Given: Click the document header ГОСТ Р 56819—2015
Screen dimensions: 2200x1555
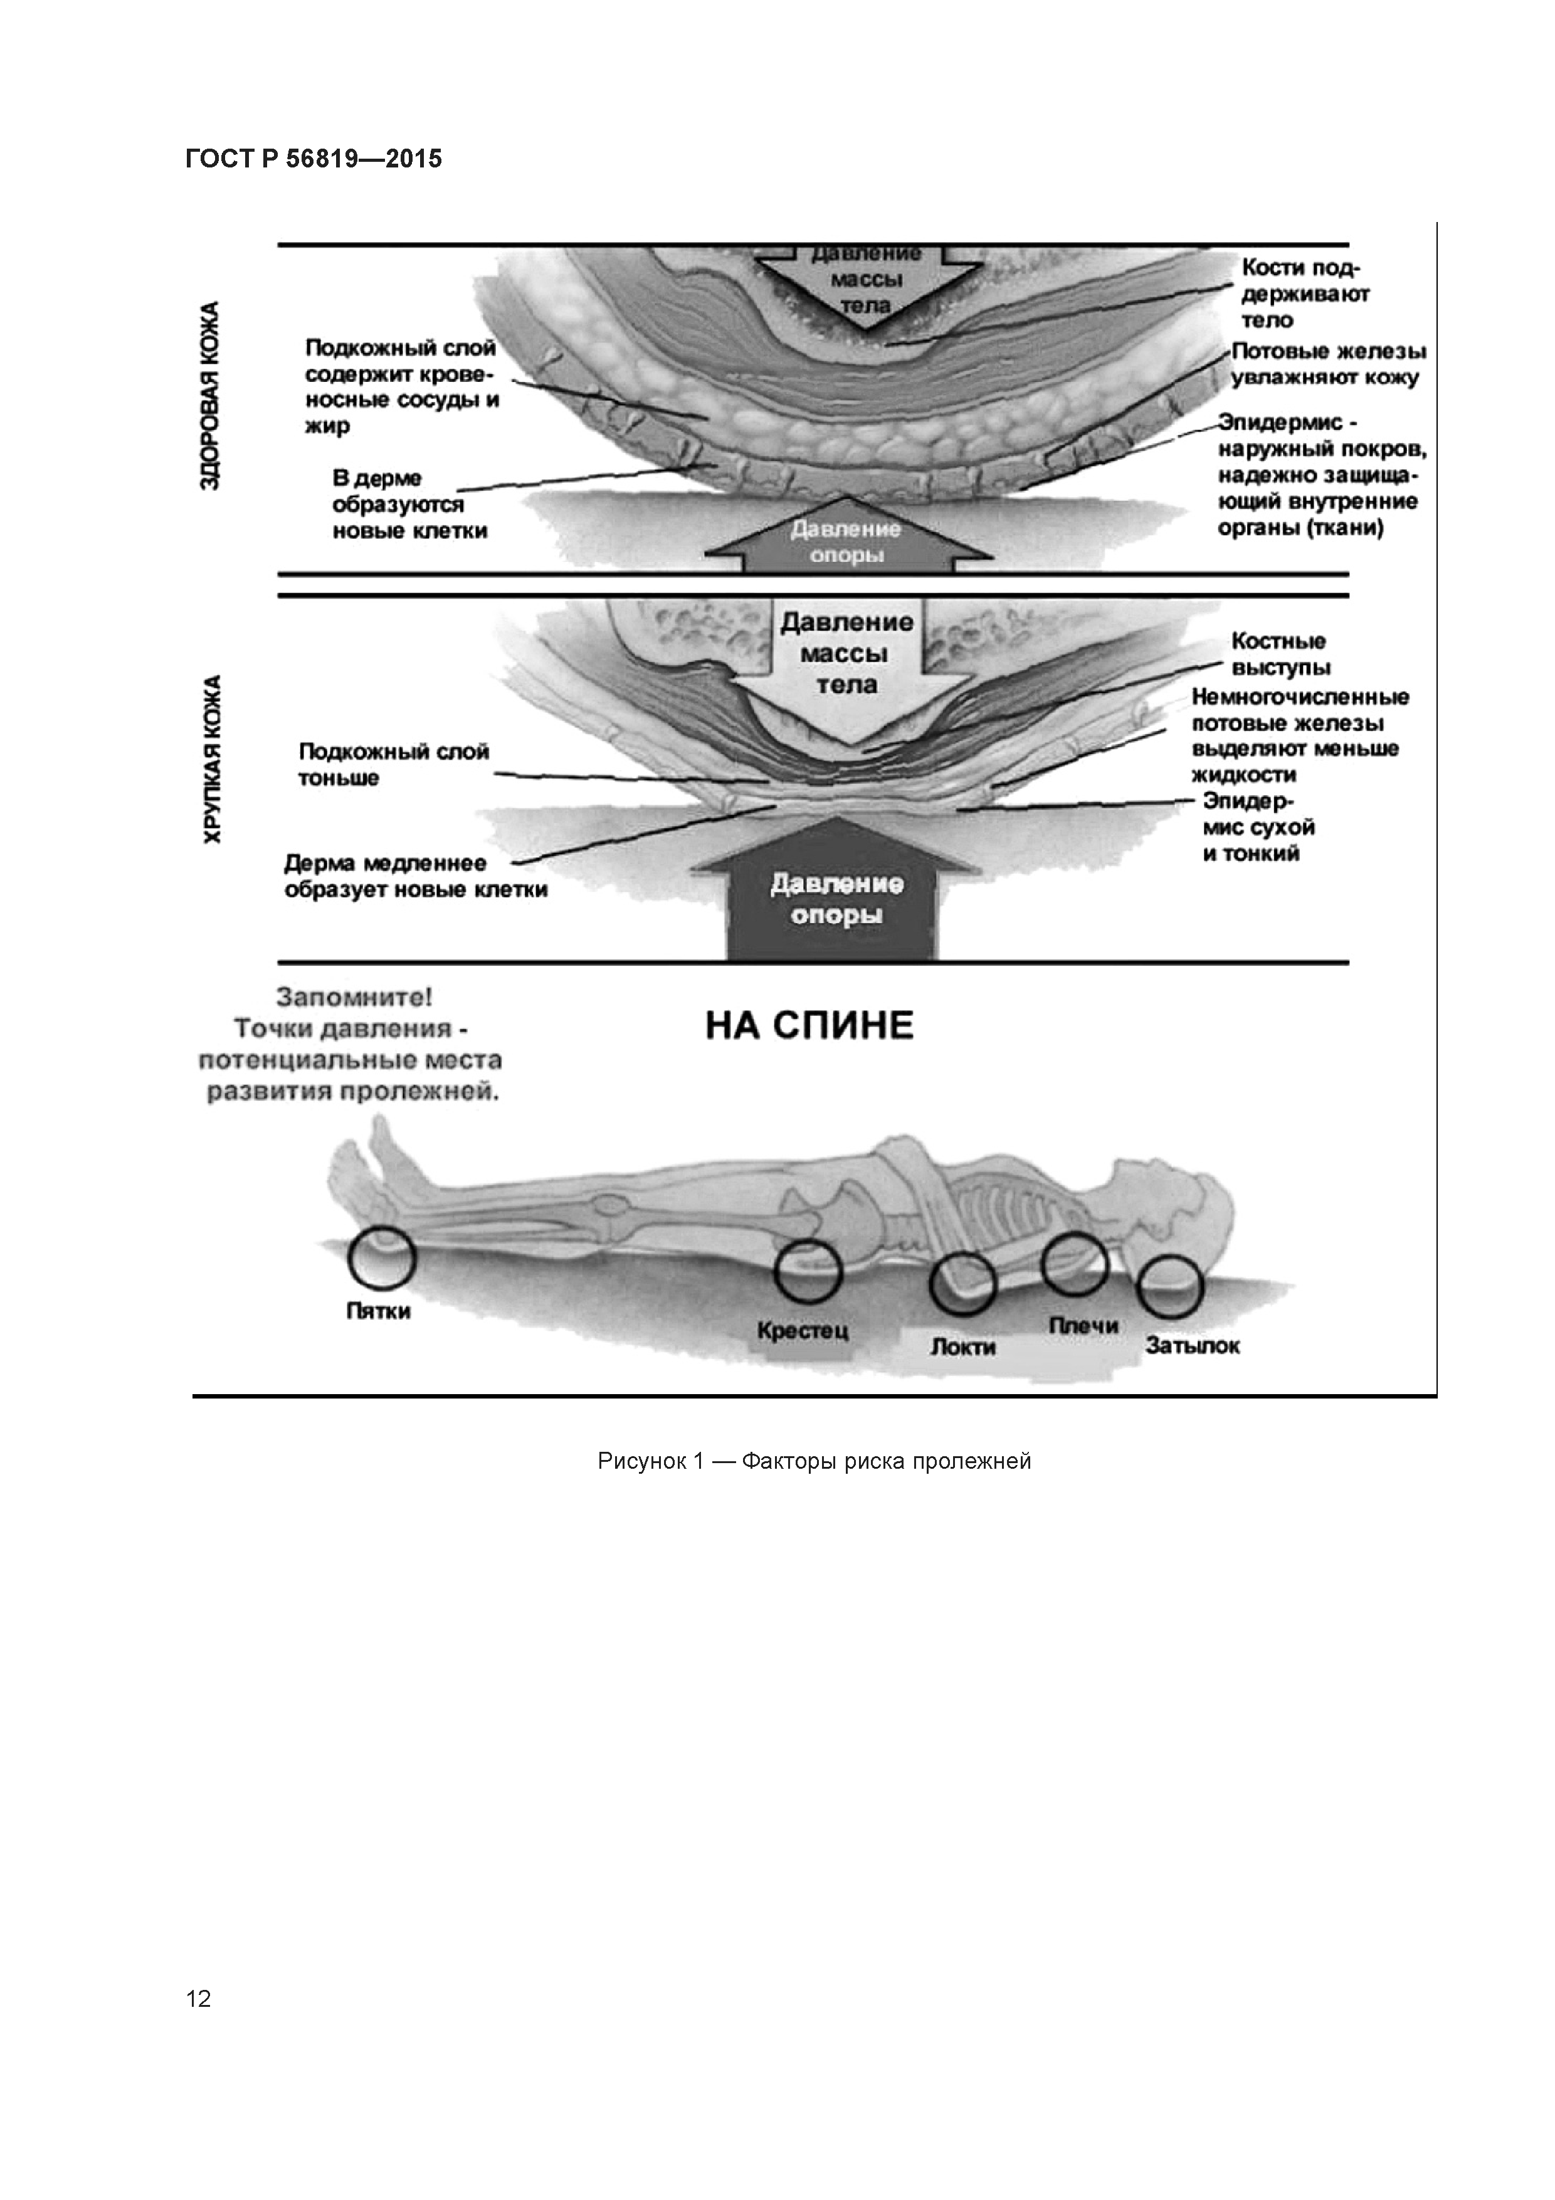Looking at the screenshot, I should click(x=314, y=159).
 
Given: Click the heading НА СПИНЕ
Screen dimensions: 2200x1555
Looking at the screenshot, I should click(x=809, y=1027).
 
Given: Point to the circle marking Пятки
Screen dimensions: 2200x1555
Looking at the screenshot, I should click(x=381, y=1259).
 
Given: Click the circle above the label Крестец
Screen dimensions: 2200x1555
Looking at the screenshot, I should click(x=808, y=1271).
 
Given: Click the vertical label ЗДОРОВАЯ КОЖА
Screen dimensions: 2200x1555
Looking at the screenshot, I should click(x=210, y=394).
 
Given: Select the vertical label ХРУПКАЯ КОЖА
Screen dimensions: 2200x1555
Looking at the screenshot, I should click(x=212, y=759).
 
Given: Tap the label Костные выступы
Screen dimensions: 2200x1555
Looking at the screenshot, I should click(x=1280, y=653).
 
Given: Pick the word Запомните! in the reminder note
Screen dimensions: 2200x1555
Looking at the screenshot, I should click(x=354, y=998).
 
